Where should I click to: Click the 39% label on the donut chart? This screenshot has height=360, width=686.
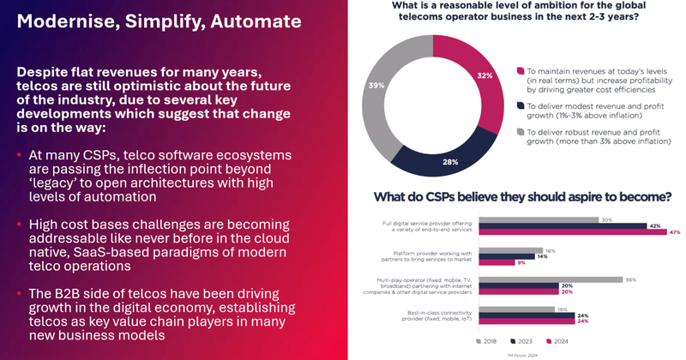click(x=376, y=86)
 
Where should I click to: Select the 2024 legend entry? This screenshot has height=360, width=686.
click(x=564, y=340)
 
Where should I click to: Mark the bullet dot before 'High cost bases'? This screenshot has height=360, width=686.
click(x=20, y=225)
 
